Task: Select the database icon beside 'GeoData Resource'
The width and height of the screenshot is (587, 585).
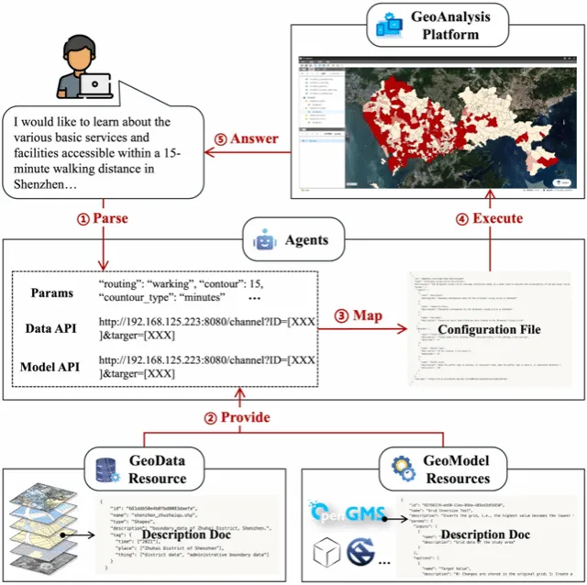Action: point(105,469)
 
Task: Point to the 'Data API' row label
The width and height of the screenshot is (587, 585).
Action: point(51,325)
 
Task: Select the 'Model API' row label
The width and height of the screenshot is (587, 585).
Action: point(51,369)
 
